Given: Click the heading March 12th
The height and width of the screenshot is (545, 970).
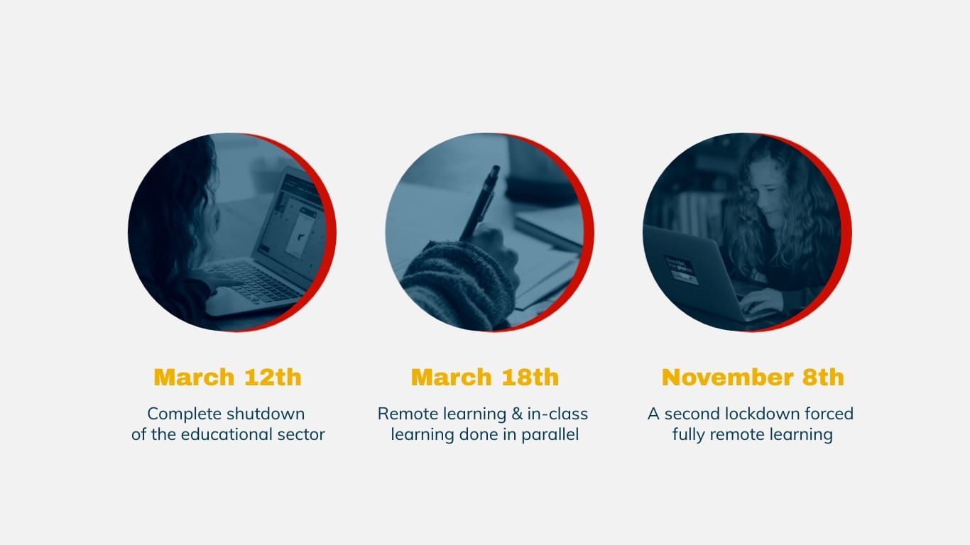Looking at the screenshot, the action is point(227,377).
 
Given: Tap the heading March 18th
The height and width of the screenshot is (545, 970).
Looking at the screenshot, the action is point(484,377).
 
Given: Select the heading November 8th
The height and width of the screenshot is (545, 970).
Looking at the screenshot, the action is point(753,377).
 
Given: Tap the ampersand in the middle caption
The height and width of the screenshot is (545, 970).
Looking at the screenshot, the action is point(517,414).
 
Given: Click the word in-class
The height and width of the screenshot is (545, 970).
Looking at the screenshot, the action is point(557,414).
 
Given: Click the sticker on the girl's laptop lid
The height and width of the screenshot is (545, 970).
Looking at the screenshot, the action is point(681,270).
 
